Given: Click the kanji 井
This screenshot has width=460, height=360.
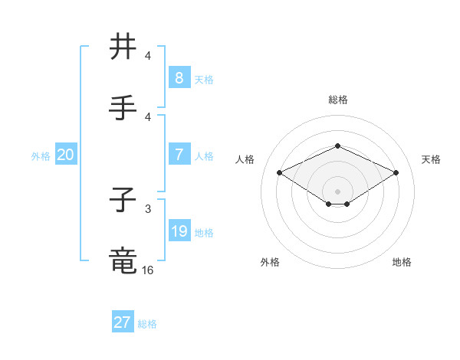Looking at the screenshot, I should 124,47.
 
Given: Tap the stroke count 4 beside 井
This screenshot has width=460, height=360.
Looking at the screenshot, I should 148,56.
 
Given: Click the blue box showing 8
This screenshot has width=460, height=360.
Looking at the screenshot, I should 179,78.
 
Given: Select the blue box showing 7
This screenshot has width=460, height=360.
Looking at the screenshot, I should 179,155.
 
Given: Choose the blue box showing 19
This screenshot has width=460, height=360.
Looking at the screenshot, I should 179,231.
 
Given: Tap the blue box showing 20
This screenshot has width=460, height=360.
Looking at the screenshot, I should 65,155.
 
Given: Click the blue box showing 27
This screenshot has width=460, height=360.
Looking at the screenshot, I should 122,322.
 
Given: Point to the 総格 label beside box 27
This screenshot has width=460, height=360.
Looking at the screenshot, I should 147,324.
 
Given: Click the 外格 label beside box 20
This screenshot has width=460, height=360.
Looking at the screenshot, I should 41,156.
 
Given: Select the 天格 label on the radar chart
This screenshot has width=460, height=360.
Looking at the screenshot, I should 432,159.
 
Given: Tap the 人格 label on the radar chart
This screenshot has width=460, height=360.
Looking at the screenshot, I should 245,159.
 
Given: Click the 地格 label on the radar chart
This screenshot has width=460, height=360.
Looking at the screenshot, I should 402,262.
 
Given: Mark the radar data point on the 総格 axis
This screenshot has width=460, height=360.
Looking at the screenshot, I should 337,146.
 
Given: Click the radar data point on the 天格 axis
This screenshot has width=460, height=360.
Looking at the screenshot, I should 396,172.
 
